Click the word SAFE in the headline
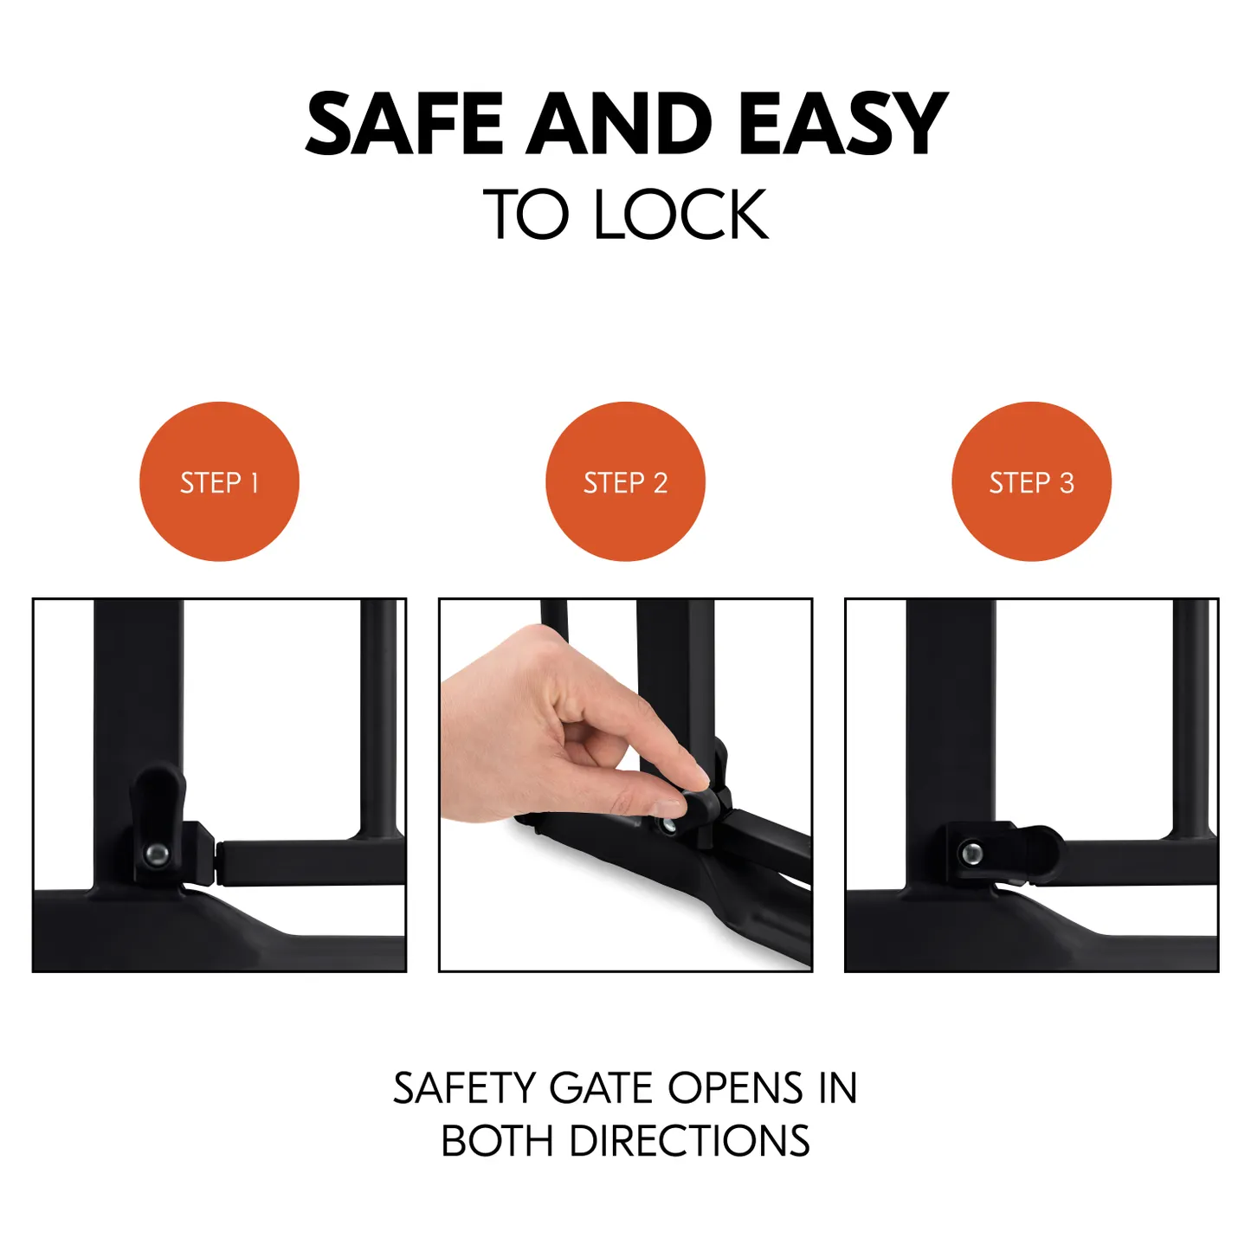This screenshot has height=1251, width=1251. pos(403,123)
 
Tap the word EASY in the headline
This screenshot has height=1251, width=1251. pos(843,123)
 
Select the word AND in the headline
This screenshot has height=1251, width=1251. pos(619,123)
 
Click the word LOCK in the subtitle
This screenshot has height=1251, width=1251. pos(681,214)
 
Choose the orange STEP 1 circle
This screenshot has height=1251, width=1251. pos(219,481)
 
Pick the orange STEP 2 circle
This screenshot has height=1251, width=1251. pos(625,481)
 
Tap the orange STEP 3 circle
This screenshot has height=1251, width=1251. pos(1032,481)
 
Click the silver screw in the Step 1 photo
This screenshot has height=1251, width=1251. pos(157,853)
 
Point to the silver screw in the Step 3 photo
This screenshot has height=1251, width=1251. pos(971,853)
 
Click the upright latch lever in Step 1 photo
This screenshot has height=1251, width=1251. pos(158,819)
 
